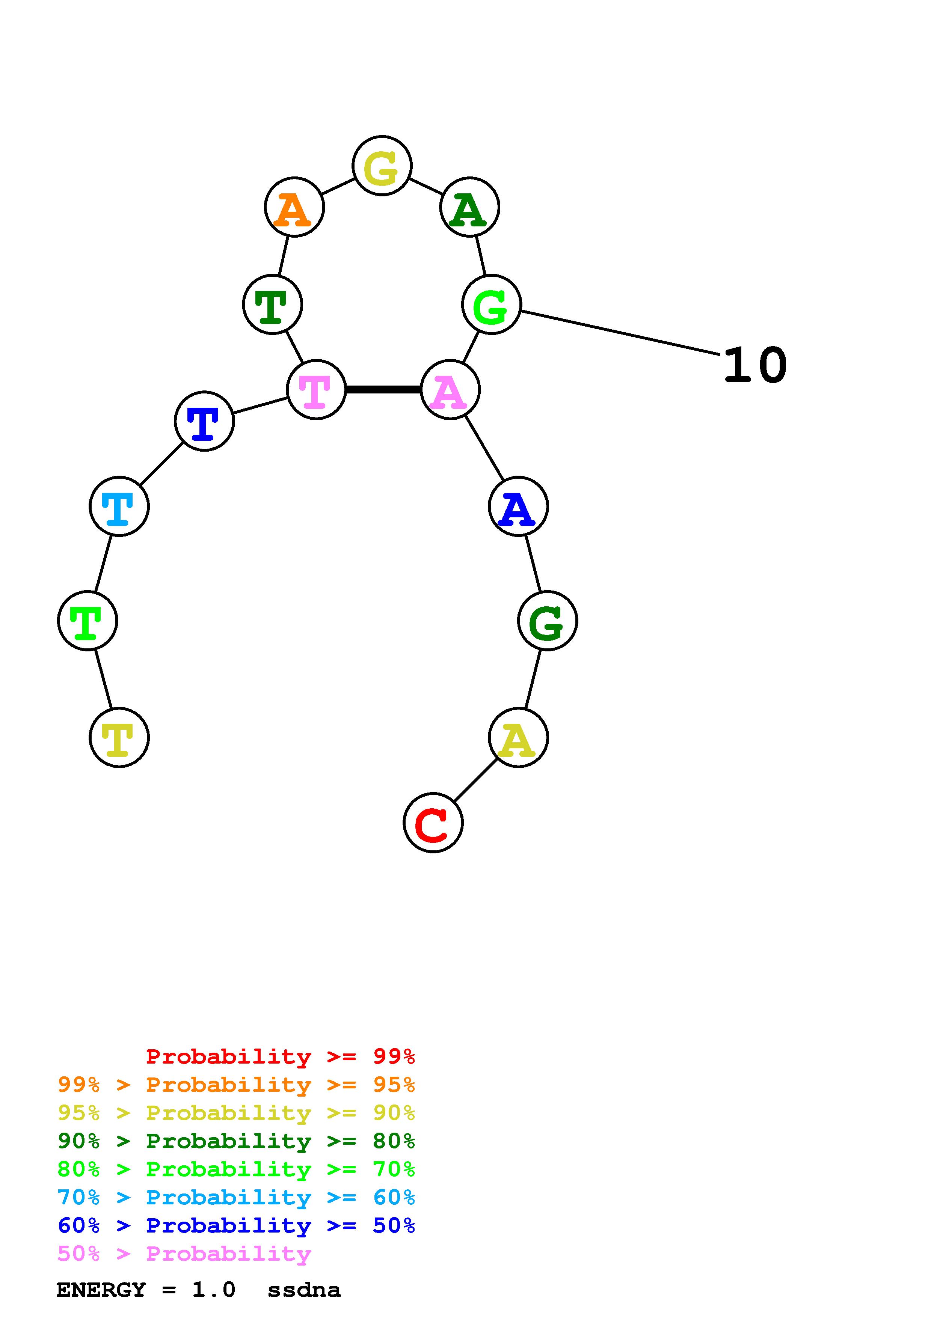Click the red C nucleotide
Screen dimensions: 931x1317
(433, 823)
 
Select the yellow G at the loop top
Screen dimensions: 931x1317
(382, 166)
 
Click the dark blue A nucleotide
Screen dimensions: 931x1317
(518, 506)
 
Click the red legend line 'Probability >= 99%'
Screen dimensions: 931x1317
(281, 1056)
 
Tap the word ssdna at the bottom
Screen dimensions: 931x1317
(304, 1290)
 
